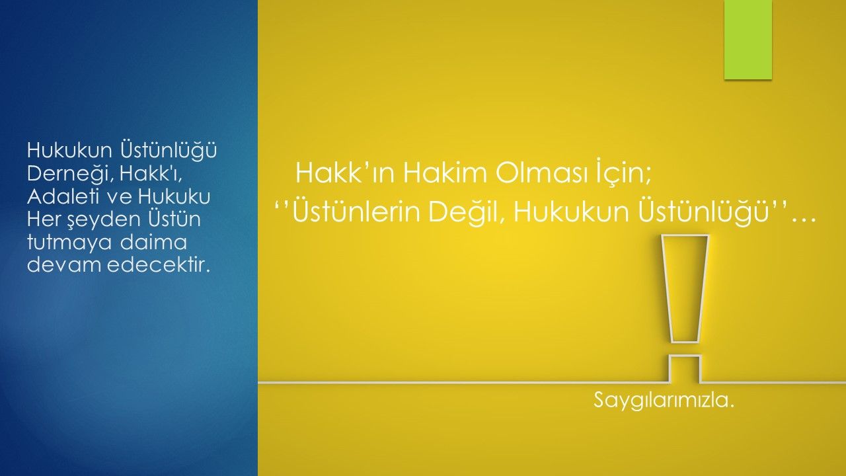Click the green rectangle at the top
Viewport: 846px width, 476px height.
point(748,40)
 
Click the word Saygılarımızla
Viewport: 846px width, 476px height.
point(664,400)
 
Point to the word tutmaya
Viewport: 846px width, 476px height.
point(69,243)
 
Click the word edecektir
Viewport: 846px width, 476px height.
point(158,265)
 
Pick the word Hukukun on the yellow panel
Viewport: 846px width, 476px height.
point(570,212)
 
